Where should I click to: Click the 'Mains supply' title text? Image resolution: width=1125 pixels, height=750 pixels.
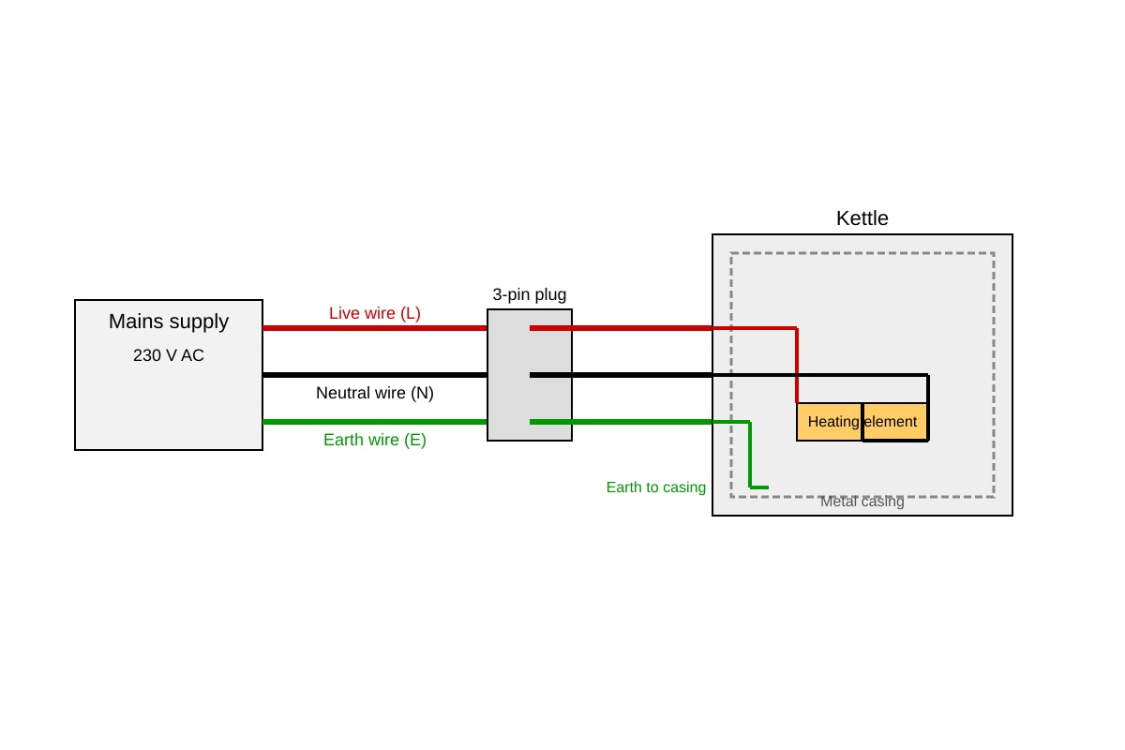(x=169, y=322)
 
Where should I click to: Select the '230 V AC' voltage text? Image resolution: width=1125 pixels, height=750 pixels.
(x=169, y=355)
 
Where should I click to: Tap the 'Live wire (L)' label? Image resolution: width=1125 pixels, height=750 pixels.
(x=375, y=313)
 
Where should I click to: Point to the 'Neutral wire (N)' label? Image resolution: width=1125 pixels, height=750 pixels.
(x=375, y=393)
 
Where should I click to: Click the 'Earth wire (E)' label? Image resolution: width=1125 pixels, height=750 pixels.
(x=375, y=440)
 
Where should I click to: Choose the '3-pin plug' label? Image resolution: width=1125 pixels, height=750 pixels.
(x=530, y=295)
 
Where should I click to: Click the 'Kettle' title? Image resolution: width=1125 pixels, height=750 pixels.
(x=862, y=218)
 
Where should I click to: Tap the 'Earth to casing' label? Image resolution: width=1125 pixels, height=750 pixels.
(x=656, y=487)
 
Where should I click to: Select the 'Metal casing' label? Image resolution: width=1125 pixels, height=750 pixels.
(x=862, y=502)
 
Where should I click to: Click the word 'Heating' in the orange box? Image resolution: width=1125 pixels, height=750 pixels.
(x=833, y=422)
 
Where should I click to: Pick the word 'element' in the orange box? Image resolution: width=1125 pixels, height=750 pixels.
(x=891, y=422)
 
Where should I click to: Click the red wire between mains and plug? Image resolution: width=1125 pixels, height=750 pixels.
(x=375, y=328)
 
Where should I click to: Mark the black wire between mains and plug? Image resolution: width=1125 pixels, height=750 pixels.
(x=375, y=375)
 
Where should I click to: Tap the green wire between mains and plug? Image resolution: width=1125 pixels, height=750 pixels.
(x=375, y=423)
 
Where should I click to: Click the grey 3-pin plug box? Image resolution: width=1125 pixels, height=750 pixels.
(x=530, y=375)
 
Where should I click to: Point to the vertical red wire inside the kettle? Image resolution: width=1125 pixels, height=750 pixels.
(x=797, y=366)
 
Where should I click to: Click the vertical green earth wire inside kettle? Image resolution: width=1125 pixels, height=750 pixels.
(x=750, y=455)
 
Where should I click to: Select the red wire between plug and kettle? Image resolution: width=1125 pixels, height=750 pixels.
(x=621, y=328)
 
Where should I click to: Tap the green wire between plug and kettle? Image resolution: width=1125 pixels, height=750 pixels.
(x=621, y=423)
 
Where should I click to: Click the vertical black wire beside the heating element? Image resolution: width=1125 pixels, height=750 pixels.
(x=928, y=408)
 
